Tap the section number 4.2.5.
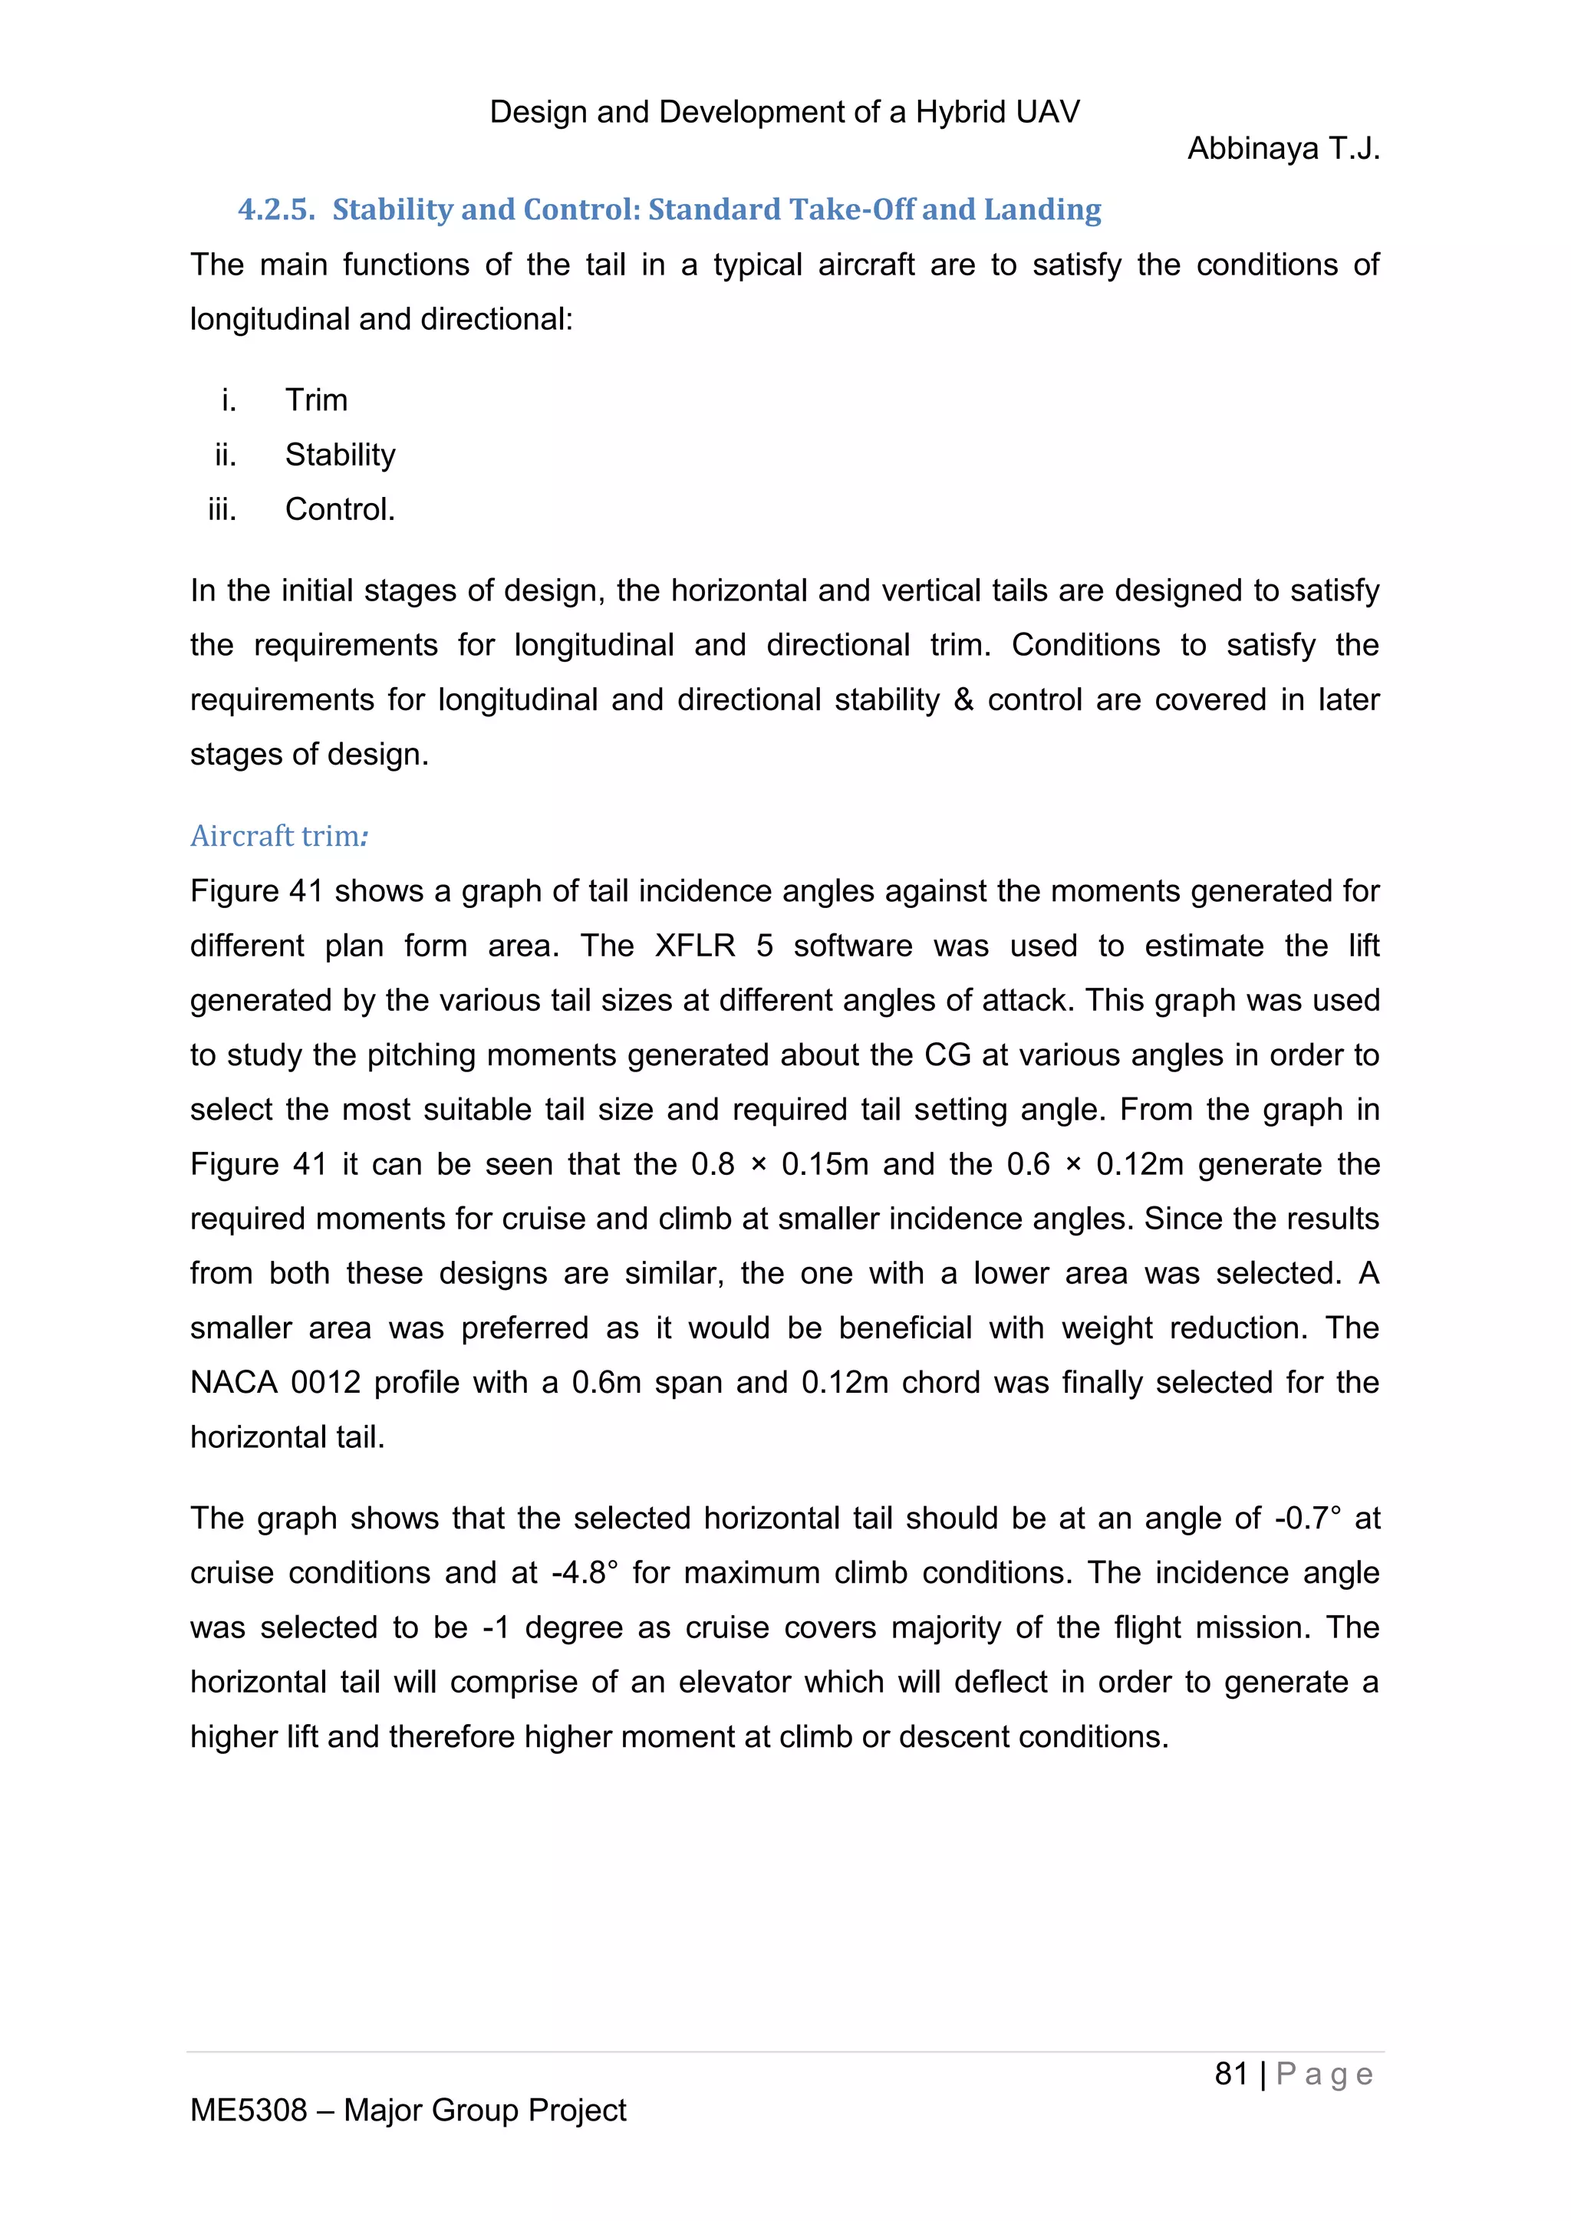click(x=277, y=210)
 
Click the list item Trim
click(x=316, y=400)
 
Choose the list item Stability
click(x=340, y=455)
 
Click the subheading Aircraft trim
click(x=278, y=836)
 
